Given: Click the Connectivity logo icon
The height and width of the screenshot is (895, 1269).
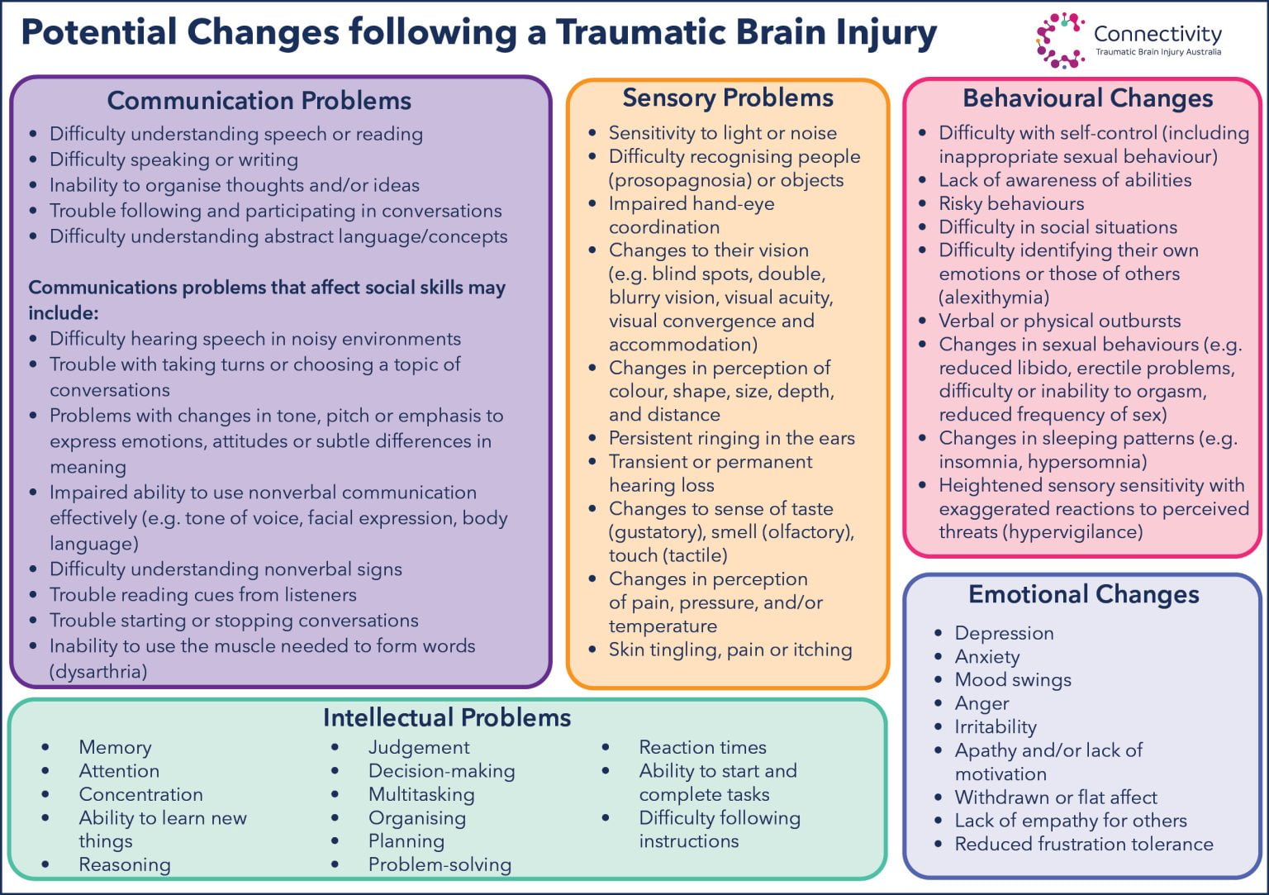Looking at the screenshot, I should click(x=1060, y=39).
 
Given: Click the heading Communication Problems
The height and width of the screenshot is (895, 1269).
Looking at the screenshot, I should click(x=259, y=101).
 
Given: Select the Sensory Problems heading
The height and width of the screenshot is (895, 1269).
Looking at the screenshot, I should click(x=728, y=98).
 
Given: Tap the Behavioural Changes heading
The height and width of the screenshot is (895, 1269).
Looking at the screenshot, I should click(x=1087, y=98).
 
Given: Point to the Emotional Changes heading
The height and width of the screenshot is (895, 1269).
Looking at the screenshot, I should click(x=1083, y=594).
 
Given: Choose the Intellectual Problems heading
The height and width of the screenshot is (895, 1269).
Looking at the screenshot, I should click(x=447, y=717).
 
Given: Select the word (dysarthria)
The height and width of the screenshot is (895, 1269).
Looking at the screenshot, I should click(x=98, y=672).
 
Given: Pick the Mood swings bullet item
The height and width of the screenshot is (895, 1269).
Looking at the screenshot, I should click(x=1013, y=680).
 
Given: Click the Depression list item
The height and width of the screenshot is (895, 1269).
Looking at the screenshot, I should click(x=1004, y=633).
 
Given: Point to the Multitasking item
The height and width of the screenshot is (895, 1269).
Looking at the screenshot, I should click(x=421, y=795).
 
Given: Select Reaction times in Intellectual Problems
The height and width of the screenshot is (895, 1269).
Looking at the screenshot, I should click(x=702, y=747).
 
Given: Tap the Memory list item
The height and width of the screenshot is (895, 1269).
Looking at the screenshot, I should click(x=115, y=747).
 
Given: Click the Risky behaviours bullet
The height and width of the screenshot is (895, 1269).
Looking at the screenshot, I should click(x=1011, y=203).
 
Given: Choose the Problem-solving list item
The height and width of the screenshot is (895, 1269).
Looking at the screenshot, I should click(x=440, y=865).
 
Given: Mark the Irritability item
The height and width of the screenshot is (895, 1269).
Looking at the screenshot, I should click(x=996, y=727).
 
